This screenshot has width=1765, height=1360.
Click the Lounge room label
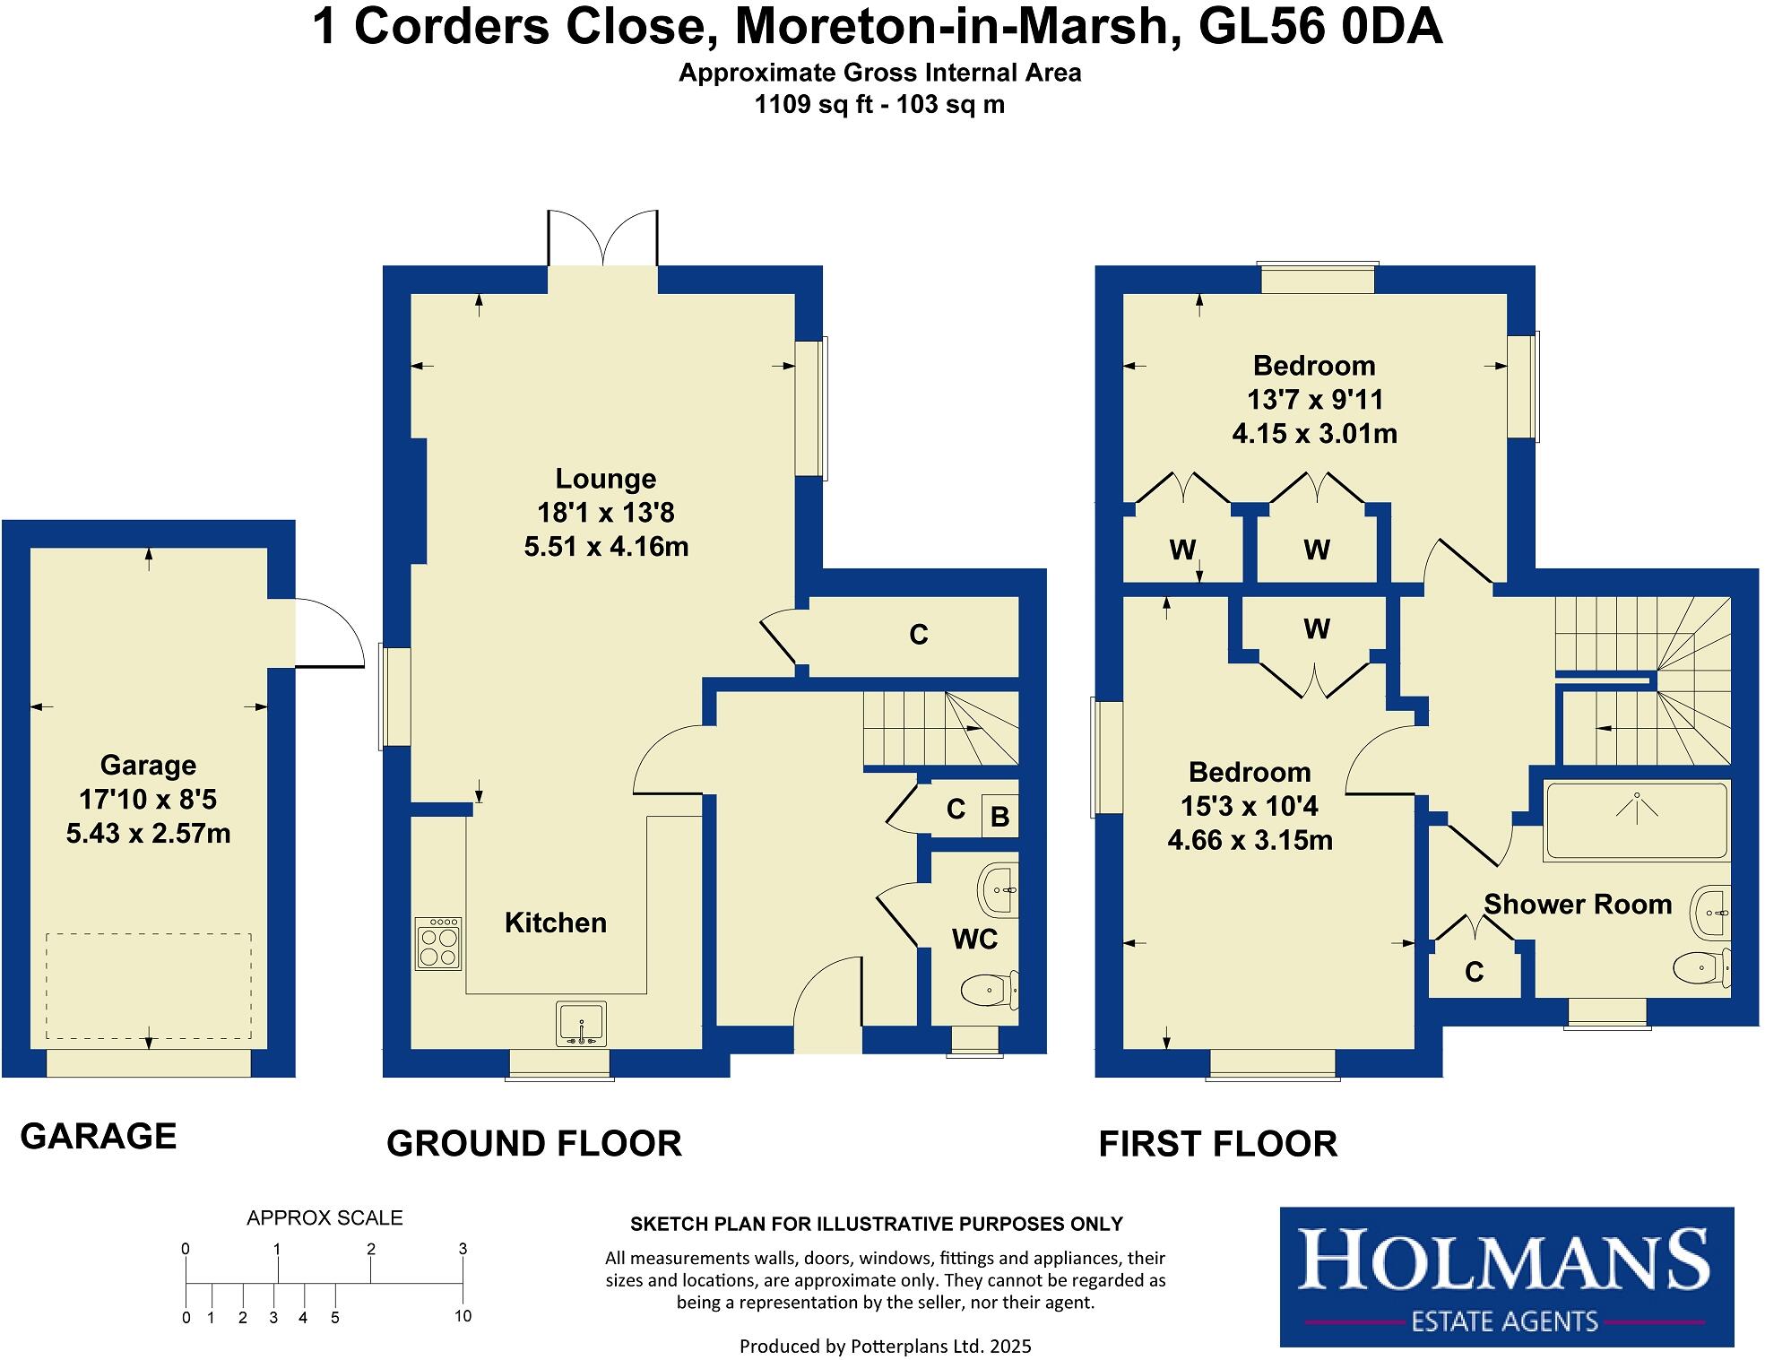pos(605,479)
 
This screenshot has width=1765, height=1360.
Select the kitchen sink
pos(582,1023)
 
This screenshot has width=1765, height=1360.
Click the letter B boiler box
pos(999,817)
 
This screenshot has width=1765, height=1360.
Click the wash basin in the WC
pos(999,890)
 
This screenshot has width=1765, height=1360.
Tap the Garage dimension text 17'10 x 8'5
pos(148,800)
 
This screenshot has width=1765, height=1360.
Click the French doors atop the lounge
pos(603,238)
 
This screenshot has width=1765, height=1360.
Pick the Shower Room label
pos(1578,904)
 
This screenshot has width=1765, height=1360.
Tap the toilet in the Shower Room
pos(1700,968)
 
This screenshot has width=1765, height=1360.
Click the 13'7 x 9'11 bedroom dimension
pos(1314,400)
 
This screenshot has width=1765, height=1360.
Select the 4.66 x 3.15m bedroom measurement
pos(1250,841)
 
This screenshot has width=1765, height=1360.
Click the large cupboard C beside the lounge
pos(918,635)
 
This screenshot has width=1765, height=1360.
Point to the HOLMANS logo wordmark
pos(1504,1260)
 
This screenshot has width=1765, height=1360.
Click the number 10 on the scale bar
pos(463,1316)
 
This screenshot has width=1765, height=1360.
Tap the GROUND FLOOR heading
pos(534,1144)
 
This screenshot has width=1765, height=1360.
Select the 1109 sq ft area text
pos(804,105)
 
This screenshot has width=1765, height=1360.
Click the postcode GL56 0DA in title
pos(1319,27)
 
